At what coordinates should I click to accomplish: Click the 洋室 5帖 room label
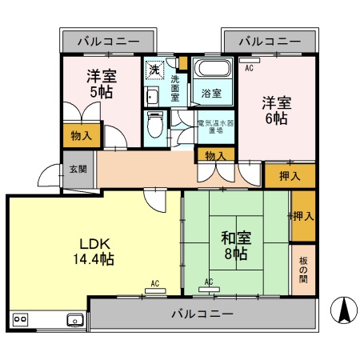(x=102, y=85)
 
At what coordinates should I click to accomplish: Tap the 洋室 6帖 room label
(x=276, y=110)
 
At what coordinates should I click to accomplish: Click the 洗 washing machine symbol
(x=154, y=70)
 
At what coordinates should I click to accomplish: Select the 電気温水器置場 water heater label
(x=216, y=128)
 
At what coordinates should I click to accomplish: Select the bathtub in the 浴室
(x=211, y=70)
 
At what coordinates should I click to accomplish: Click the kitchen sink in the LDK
(x=75, y=320)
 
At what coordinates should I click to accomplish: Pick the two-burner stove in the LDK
(x=19, y=320)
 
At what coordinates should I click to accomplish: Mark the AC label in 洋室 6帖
(x=249, y=70)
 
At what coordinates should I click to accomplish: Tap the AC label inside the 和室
(x=208, y=282)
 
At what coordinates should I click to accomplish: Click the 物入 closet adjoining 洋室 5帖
(x=81, y=136)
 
